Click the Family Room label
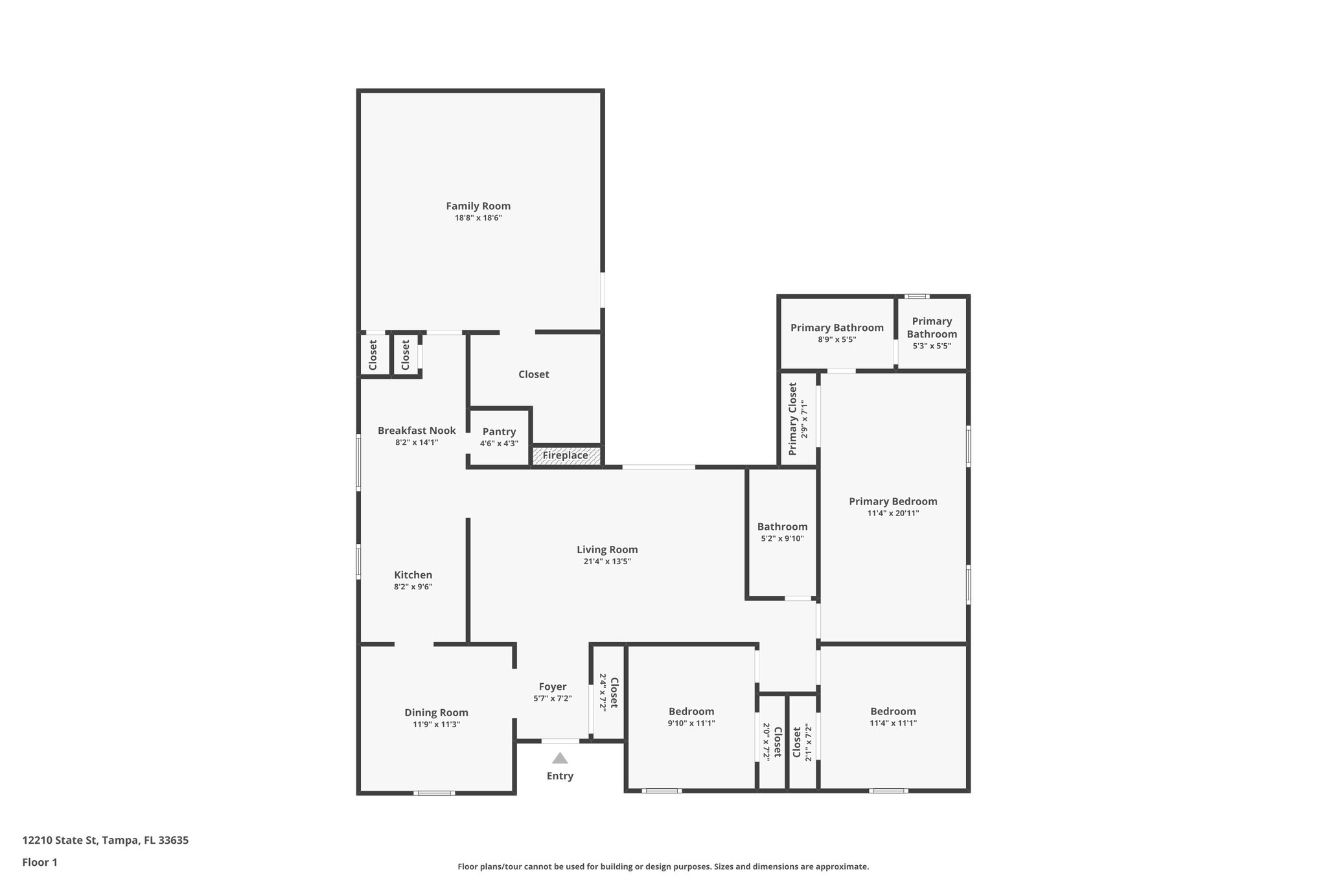[478, 206]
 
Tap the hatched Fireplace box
[566, 455]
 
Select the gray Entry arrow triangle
[560, 758]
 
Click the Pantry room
[499, 436]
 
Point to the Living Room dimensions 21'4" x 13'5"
[607, 561]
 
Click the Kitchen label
[413, 575]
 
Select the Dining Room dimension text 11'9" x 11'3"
[436, 724]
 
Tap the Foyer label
[553, 686]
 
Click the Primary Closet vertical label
[793, 418]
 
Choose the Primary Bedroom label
[893, 501]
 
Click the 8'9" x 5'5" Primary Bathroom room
[837, 333]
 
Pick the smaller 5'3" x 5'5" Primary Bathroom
[932, 333]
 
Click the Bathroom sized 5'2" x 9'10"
[782, 532]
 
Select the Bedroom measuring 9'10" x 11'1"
[691, 716]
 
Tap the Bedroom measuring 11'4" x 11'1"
[893, 716]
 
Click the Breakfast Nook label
[417, 431]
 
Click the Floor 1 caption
[40, 862]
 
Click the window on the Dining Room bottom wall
[434, 793]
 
